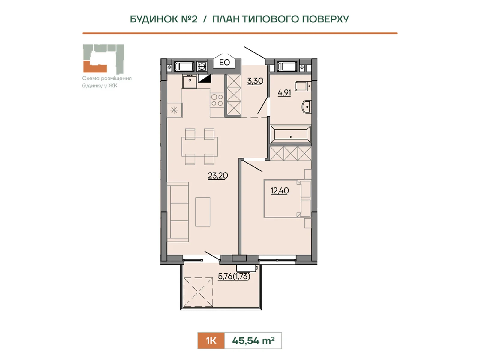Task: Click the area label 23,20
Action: (218, 175)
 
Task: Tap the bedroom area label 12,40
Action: (280, 191)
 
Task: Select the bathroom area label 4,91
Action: (284, 93)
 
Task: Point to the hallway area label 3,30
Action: (255, 81)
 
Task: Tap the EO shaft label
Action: (224, 63)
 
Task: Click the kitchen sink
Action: (190, 81)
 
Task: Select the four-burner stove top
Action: (217, 100)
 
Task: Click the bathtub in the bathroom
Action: (291, 134)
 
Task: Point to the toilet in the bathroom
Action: (303, 86)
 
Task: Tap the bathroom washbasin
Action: (307, 107)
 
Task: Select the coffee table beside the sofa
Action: (203, 212)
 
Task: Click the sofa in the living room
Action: (178, 212)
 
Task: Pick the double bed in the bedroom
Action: (287, 199)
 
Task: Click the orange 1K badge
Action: (211, 340)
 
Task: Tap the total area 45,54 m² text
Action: (253, 340)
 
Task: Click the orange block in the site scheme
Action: (95, 67)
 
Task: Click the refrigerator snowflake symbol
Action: (174, 110)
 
